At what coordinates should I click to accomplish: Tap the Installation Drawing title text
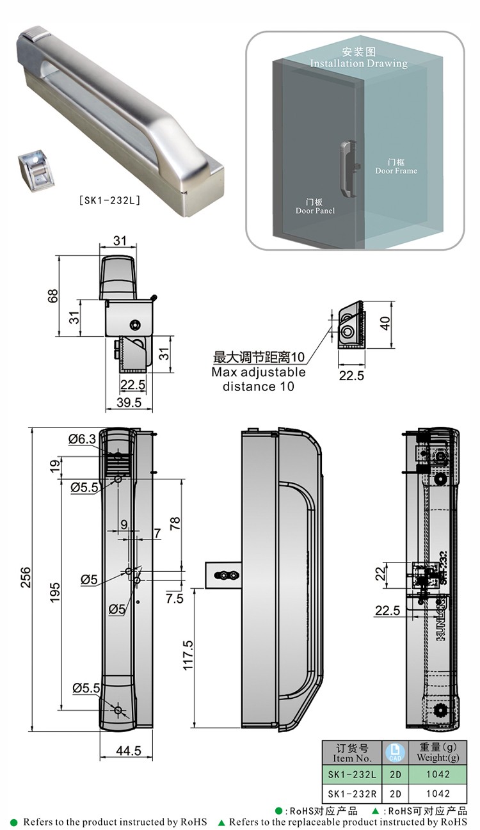click(x=358, y=63)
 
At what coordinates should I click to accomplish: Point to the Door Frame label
click(x=396, y=171)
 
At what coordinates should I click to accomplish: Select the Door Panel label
click(x=315, y=211)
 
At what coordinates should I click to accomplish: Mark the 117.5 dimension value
click(x=188, y=655)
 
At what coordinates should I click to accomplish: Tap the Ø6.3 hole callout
click(x=82, y=439)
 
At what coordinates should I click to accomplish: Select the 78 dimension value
click(x=175, y=523)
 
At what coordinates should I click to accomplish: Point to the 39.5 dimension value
click(x=129, y=402)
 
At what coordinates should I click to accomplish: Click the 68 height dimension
click(x=53, y=295)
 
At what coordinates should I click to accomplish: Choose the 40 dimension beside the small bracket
click(x=384, y=323)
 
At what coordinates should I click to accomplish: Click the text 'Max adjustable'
click(x=259, y=372)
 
